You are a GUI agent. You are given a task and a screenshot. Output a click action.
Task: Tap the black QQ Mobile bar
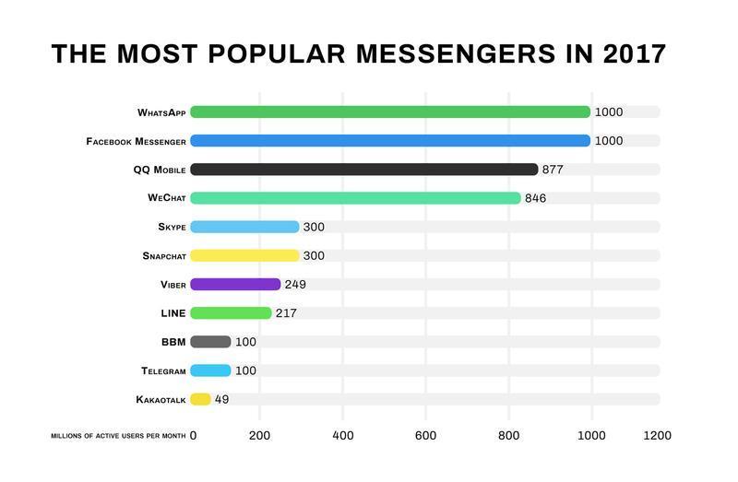[363, 170]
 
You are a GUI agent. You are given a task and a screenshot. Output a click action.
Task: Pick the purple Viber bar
[235, 285]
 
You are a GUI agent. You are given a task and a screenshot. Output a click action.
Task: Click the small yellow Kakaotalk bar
[200, 399]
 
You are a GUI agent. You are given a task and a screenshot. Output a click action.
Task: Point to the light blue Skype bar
[244, 227]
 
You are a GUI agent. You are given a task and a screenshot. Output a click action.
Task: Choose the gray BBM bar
[210, 342]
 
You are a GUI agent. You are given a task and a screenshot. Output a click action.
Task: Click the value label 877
[553, 170]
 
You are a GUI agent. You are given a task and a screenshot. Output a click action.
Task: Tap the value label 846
[535, 198]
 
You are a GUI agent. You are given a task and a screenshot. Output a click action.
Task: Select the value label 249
[295, 285]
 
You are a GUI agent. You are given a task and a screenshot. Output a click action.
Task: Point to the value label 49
[221, 400]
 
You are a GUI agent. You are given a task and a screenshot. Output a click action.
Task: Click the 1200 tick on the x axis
[658, 435]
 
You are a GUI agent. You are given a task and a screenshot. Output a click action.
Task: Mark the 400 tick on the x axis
[343, 435]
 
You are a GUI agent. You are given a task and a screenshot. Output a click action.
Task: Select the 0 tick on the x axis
[193, 435]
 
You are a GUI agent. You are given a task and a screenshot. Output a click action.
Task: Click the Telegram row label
[163, 370]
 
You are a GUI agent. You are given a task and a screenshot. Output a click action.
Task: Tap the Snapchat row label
[164, 256]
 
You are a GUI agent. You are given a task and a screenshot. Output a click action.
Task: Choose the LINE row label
[173, 313]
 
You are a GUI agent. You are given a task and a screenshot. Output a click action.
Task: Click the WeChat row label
[166, 198]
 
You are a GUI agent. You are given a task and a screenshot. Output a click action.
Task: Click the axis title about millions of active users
[118, 435]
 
